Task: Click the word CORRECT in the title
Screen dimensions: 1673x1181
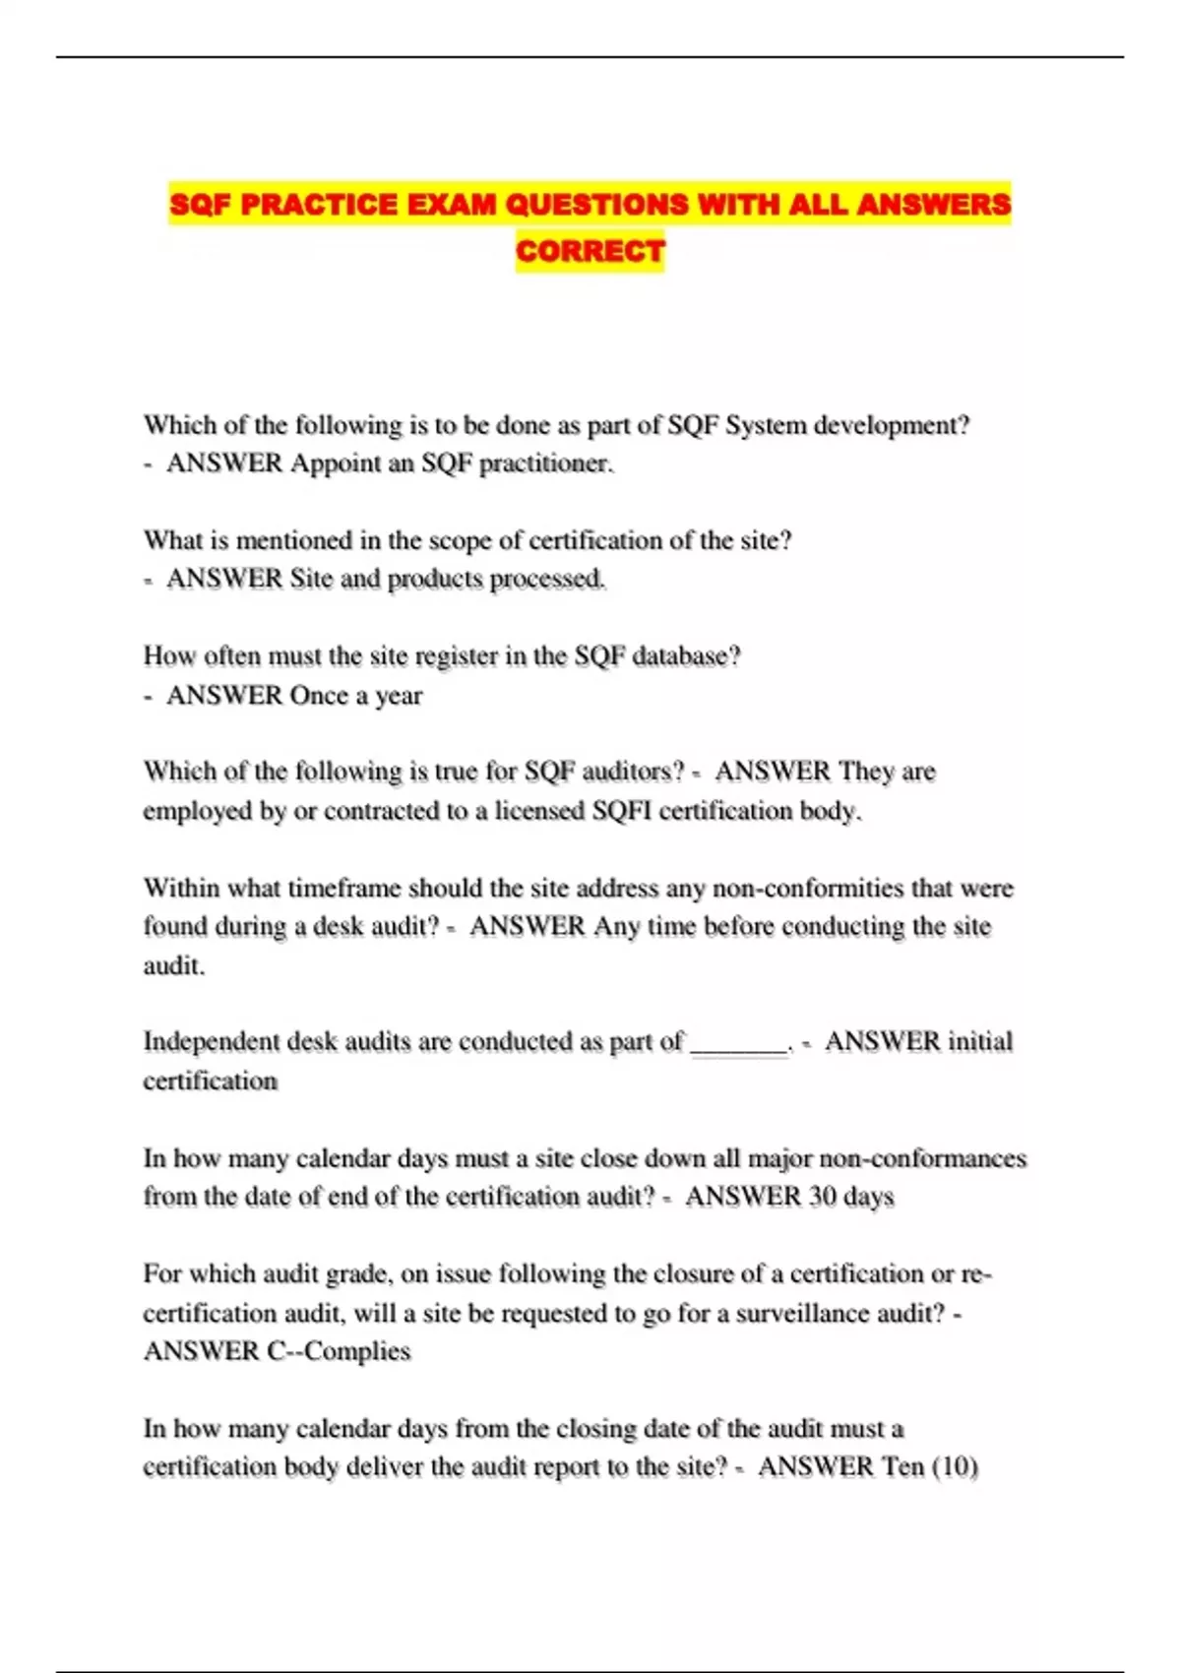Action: [590, 251]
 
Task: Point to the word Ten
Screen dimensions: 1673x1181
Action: [902, 1466]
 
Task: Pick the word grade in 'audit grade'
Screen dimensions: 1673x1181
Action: [362, 1274]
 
